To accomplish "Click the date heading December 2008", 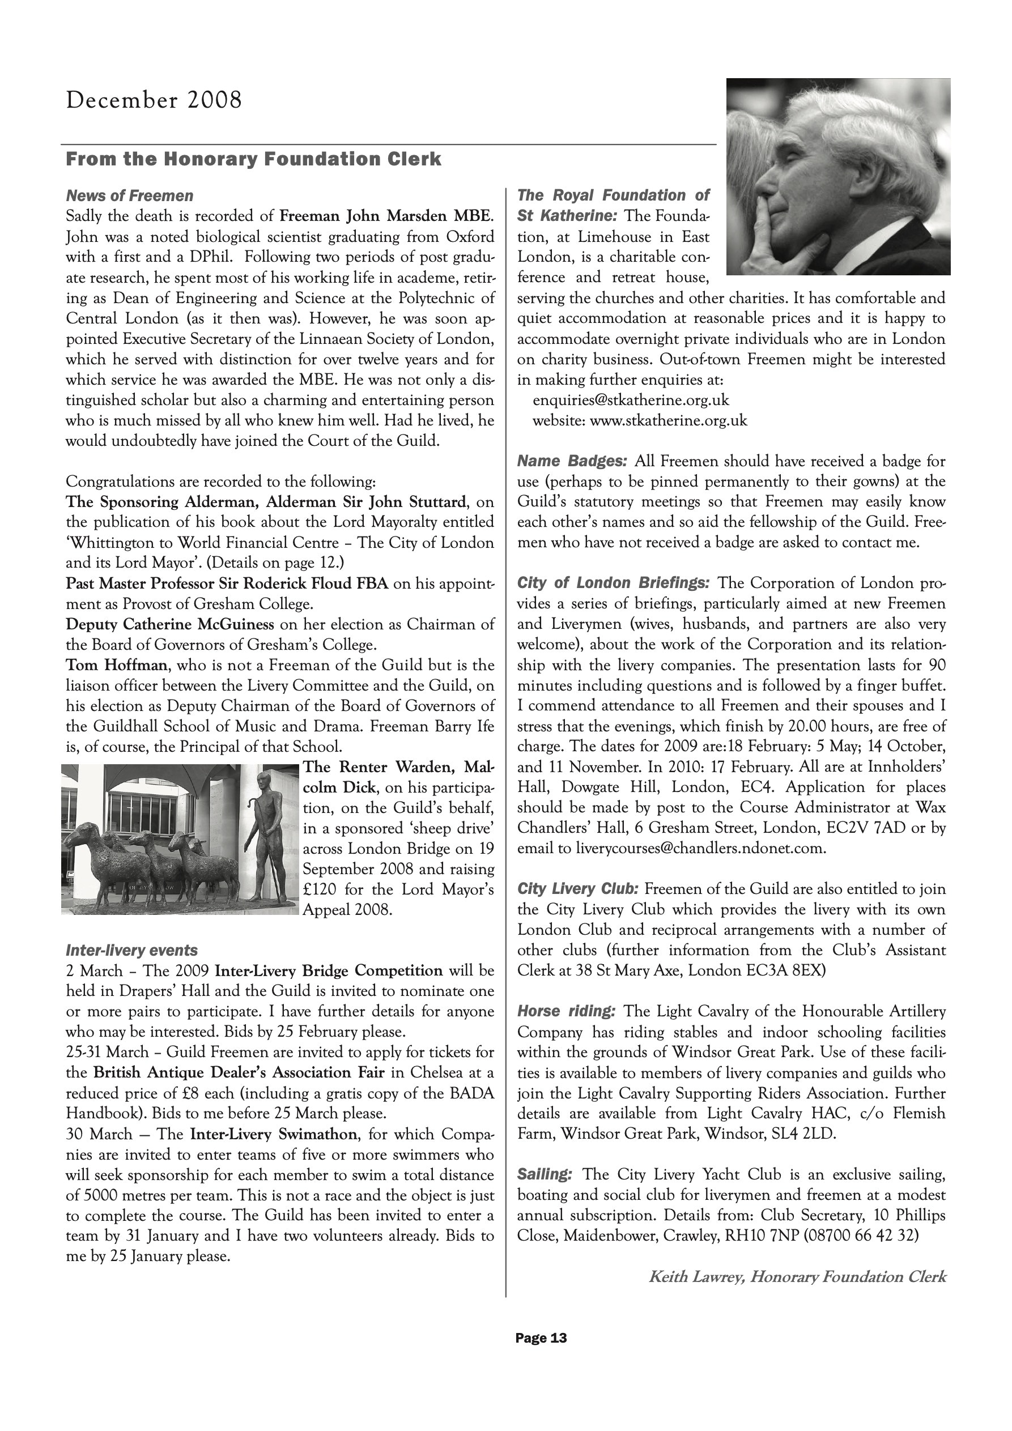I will coord(154,100).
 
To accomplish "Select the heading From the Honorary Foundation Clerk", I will coord(253,160).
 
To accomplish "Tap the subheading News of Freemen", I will coord(130,195).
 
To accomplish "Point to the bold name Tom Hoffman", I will coord(116,665).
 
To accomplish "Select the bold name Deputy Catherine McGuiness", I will coord(169,624).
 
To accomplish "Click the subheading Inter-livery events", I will coord(131,951).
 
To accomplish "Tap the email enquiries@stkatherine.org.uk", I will coord(631,400).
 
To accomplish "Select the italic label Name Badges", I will coord(572,461).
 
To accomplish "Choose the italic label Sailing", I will coord(545,1174).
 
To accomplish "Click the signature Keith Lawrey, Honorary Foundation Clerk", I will coord(797,1277).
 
